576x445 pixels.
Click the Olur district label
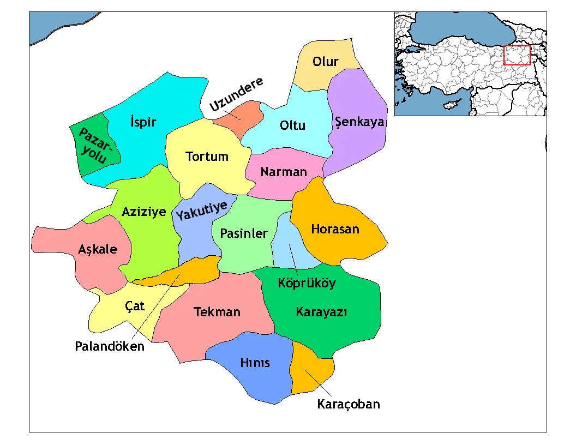coord(326,62)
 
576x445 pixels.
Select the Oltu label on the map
coord(292,125)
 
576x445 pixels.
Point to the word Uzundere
coord(237,95)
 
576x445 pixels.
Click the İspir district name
coord(143,122)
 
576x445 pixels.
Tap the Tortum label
coord(207,157)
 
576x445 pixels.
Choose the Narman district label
coord(284,172)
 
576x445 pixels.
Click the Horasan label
coord(335,229)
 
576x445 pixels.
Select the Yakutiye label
coord(201,211)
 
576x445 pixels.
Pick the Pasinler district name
coord(244,233)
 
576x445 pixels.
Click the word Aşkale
coord(98,249)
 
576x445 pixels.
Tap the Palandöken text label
coord(110,346)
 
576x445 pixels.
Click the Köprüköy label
coord(307,283)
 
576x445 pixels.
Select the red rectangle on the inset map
coord(517,55)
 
